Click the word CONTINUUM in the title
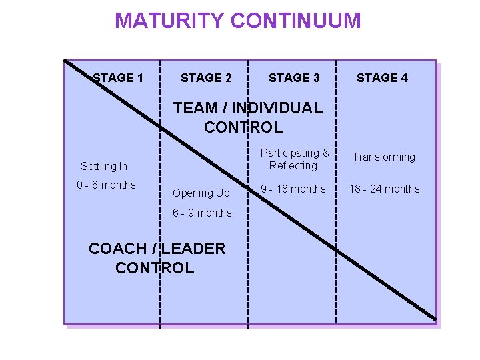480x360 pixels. click(x=296, y=21)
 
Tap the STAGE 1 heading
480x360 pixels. click(x=118, y=78)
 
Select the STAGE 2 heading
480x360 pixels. click(x=206, y=78)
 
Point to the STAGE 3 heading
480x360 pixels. click(x=294, y=78)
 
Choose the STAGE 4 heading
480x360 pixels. click(x=382, y=78)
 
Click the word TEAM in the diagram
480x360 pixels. click(x=195, y=108)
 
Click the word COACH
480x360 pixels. click(x=117, y=249)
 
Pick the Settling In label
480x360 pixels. click(x=104, y=166)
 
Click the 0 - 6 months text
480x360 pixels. click(x=106, y=185)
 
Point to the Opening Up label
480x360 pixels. click(x=201, y=193)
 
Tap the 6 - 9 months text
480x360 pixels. click(x=202, y=213)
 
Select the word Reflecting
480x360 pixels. click(x=293, y=165)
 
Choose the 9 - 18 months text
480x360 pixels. click(x=293, y=189)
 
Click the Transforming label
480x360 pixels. click(x=383, y=157)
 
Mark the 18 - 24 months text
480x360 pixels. click(x=385, y=189)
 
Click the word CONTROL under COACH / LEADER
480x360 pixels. click(x=155, y=268)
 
